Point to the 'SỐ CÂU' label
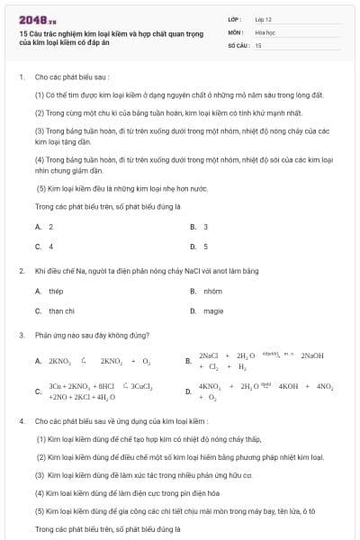237,44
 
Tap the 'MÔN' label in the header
235,31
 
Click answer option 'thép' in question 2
56,292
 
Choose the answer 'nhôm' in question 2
212,292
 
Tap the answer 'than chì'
61,310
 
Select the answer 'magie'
212,310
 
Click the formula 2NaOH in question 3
312,355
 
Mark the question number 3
21,334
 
